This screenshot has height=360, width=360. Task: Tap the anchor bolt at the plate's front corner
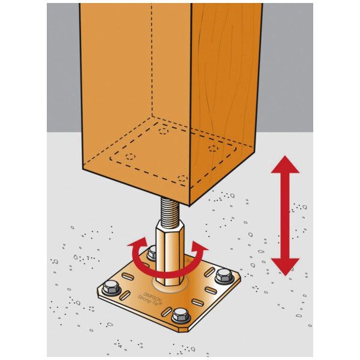[x=181, y=315]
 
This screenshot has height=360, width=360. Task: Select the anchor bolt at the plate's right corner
[x=224, y=276]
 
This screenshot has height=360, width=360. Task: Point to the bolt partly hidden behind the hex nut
[x=152, y=253]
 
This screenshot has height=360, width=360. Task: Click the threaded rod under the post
[x=170, y=210]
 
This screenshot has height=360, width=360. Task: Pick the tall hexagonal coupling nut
[x=170, y=253]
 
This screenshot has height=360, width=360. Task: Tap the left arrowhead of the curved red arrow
[x=137, y=244]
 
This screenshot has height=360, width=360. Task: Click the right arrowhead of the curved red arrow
[x=199, y=247]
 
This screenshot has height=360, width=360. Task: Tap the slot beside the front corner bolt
[x=166, y=312]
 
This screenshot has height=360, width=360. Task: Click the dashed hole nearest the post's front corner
[x=182, y=178]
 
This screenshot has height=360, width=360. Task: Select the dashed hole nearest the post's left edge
[x=130, y=157]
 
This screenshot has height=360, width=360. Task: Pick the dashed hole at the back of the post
[x=163, y=131]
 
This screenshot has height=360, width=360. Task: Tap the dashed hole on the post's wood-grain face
[x=213, y=149]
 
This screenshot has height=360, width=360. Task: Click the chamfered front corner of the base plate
[x=184, y=329]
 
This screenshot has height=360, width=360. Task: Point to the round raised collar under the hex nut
[x=170, y=286]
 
